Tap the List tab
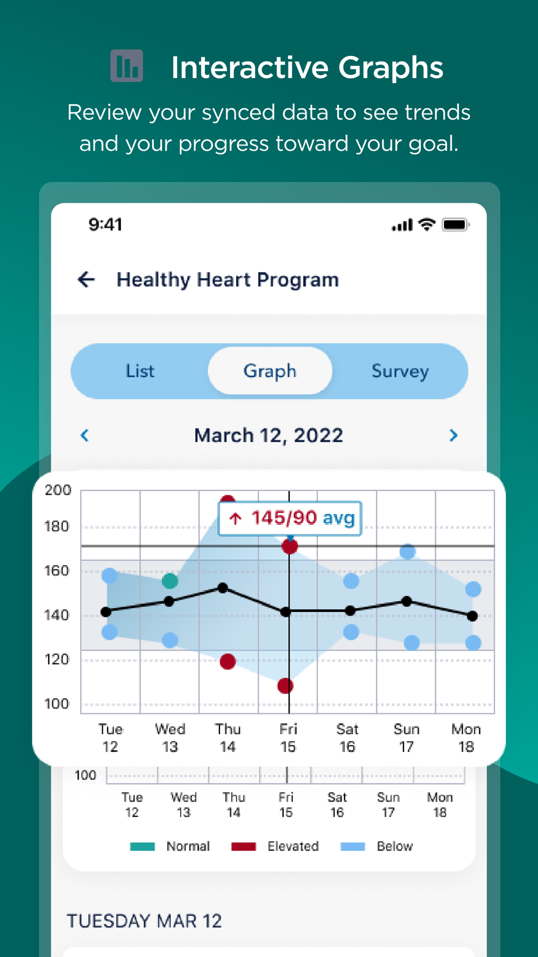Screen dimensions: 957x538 pyautogui.click(x=140, y=371)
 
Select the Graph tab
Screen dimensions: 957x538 pyautogui.click(x=270, y=371)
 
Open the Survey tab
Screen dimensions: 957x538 pyautogui.click(x=400, y=371)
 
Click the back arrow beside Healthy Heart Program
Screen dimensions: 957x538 pyautogui.click(x=86, y=279)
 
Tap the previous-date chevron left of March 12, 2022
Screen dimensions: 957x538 pyautogui.click(x=84, y=435)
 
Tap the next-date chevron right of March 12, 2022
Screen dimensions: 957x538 pyautogui.click(x=454, y=435)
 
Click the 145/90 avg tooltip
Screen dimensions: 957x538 pyautogui.click(x=290, y=518)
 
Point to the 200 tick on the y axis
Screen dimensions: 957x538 pyautogui.click(x=58, y=490)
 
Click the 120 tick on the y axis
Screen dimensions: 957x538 pyautogui.click(x=57, y=659)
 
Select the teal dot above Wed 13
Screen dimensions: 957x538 pyautogui.click(x=170, y=581)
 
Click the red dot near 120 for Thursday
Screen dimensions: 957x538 pyautogui.click(x=228, y=661)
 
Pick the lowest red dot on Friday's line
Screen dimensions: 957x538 pyautogui.click(x=286, y=686)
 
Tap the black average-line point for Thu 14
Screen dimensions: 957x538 pyautogui.click(x=223, y=588)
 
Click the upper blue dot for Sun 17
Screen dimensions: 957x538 pyautogui.click(x=407, y=551)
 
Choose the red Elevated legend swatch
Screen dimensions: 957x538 pyautogui.click(x=243, y=847)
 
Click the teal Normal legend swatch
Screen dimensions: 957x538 pyautogui.click(x=143, y=847)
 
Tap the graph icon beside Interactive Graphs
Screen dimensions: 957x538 pyautogui.click(x=126, y=66)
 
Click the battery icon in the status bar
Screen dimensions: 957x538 pyautogui.click(x=455, y=224)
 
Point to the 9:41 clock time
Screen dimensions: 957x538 pyautogui.click(x=105, y=224)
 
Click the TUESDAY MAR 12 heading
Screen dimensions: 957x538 pyautogui.click(x=144, y=921)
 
